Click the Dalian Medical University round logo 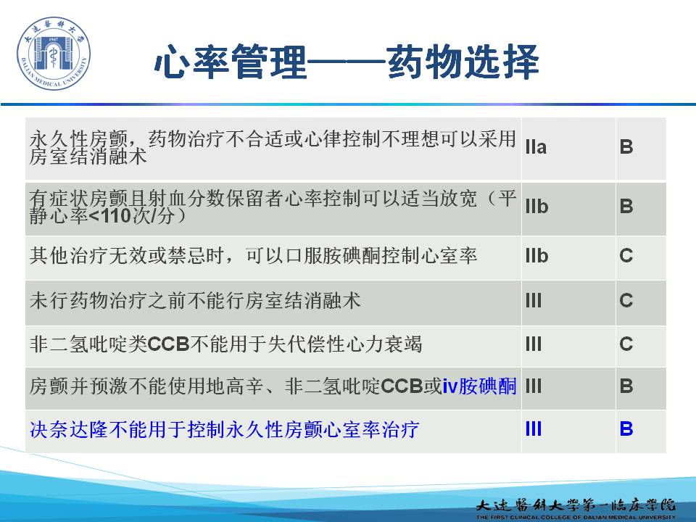pyautogui.click(x=53, y=53)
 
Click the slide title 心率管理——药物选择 pyautogui.click(x=347, y=62)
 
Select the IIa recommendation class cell pyautogui.click(x=536, y=147)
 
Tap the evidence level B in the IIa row pyautogui.click(x=626, y=147)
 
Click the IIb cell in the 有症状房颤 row pyautogui.click(x=536, y=207)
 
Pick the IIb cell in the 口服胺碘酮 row pyautogui.click(x=536, y=256)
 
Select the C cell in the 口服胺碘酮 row pyautogui.click(x=626, y=256)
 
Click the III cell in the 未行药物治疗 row pyautogui.click(x=534, y=300)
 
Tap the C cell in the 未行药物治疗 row pyautogui.click(x=626, y=300)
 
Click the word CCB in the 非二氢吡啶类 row pyautogui.click(x=169, y=344)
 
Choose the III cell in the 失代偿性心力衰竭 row pyautogui.click(x=534, y=344)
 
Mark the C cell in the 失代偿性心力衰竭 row pyautogui.click(x=626, y=344)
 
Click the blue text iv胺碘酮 pyautogui.click(x=479, y=386)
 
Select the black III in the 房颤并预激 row pyautogui.click(x=534, y=386)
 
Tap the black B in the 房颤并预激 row pyautogui.click(x=626, y=386)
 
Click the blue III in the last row pyautogui.click(x=534, y=429)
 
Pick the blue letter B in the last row pyautogui.click(x=626, y=429)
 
